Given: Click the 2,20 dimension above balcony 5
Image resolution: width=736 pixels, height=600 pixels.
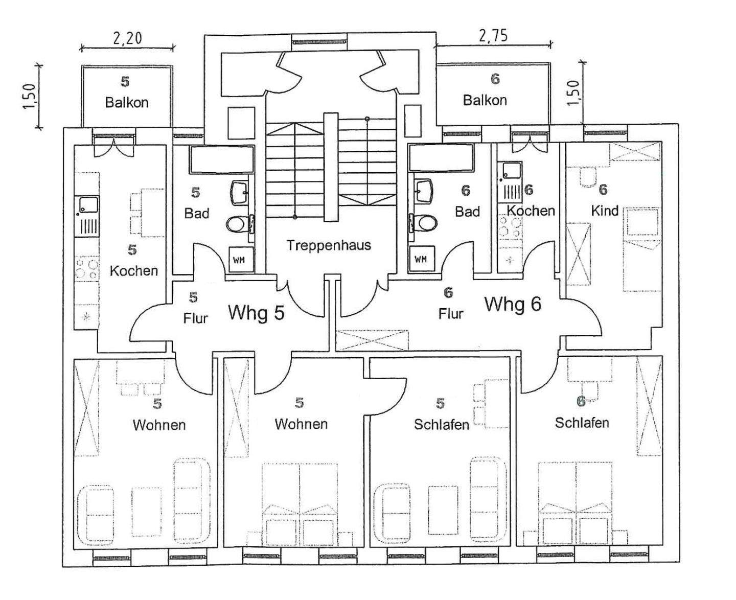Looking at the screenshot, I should pos(127,38).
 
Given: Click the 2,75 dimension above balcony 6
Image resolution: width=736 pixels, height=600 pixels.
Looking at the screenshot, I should pos(493,35).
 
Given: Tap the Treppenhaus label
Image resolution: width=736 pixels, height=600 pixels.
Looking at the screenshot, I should pos(328,245).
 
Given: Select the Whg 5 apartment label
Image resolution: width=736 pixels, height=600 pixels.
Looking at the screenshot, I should pos(256,312).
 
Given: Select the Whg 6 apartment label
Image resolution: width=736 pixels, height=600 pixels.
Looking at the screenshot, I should pos(512,304).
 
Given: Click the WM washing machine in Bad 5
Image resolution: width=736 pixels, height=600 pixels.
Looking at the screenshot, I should pos(239,260).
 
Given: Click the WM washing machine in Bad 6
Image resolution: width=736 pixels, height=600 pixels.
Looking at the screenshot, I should pos(420,259).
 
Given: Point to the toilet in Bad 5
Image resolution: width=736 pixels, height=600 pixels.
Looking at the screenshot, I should pos(237,224).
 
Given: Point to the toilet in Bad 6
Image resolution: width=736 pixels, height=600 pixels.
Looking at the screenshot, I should pos(425,222).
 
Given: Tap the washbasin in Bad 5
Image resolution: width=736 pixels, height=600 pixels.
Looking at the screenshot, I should pos(239,191).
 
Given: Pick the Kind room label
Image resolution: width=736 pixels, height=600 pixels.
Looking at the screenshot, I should pos(605,211).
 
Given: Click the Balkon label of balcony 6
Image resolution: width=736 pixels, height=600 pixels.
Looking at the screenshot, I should pos(485,100).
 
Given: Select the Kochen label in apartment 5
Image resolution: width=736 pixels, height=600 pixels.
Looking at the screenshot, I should pos(134,270).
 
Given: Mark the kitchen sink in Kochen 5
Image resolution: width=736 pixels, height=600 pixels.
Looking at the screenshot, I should pos(88,205).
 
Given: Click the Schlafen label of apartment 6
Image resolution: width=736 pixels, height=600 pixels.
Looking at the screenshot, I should pos(582,423).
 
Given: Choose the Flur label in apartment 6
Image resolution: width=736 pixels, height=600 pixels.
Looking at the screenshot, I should pos(451,313).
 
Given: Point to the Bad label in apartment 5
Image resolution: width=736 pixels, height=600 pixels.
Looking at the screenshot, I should pos(197,213).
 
